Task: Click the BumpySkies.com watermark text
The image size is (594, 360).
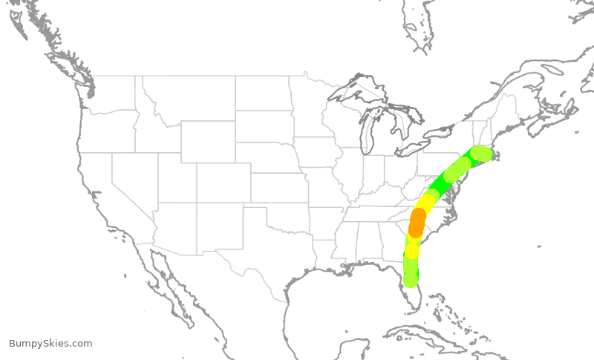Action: [50, 344]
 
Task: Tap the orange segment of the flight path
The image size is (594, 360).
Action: [417, 221]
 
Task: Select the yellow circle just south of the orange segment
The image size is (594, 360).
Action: [412, 251]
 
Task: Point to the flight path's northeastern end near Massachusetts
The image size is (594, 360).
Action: [482, 154]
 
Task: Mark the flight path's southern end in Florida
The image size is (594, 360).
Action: [410, 280]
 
